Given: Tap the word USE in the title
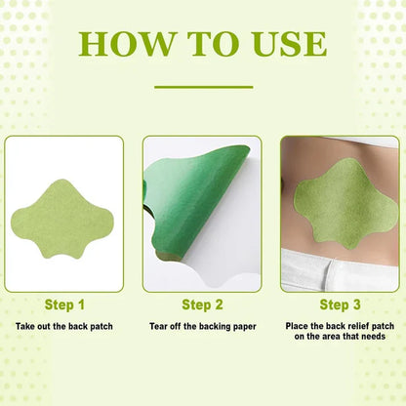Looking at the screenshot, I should (x=285, y=43).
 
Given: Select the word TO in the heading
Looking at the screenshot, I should (x=207, y=43).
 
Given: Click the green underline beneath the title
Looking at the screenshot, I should (x=203, y=87).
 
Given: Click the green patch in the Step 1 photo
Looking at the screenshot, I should (x=64, y=213).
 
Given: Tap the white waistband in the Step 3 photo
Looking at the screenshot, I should (x=342, y=268).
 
